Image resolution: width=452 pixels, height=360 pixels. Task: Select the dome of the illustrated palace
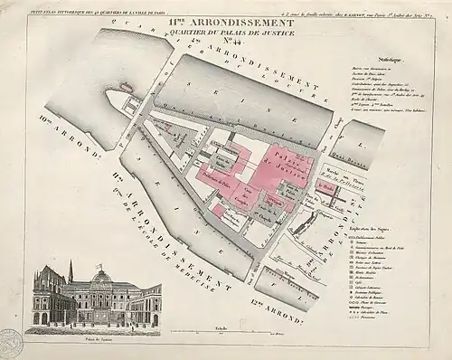[101, 275]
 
